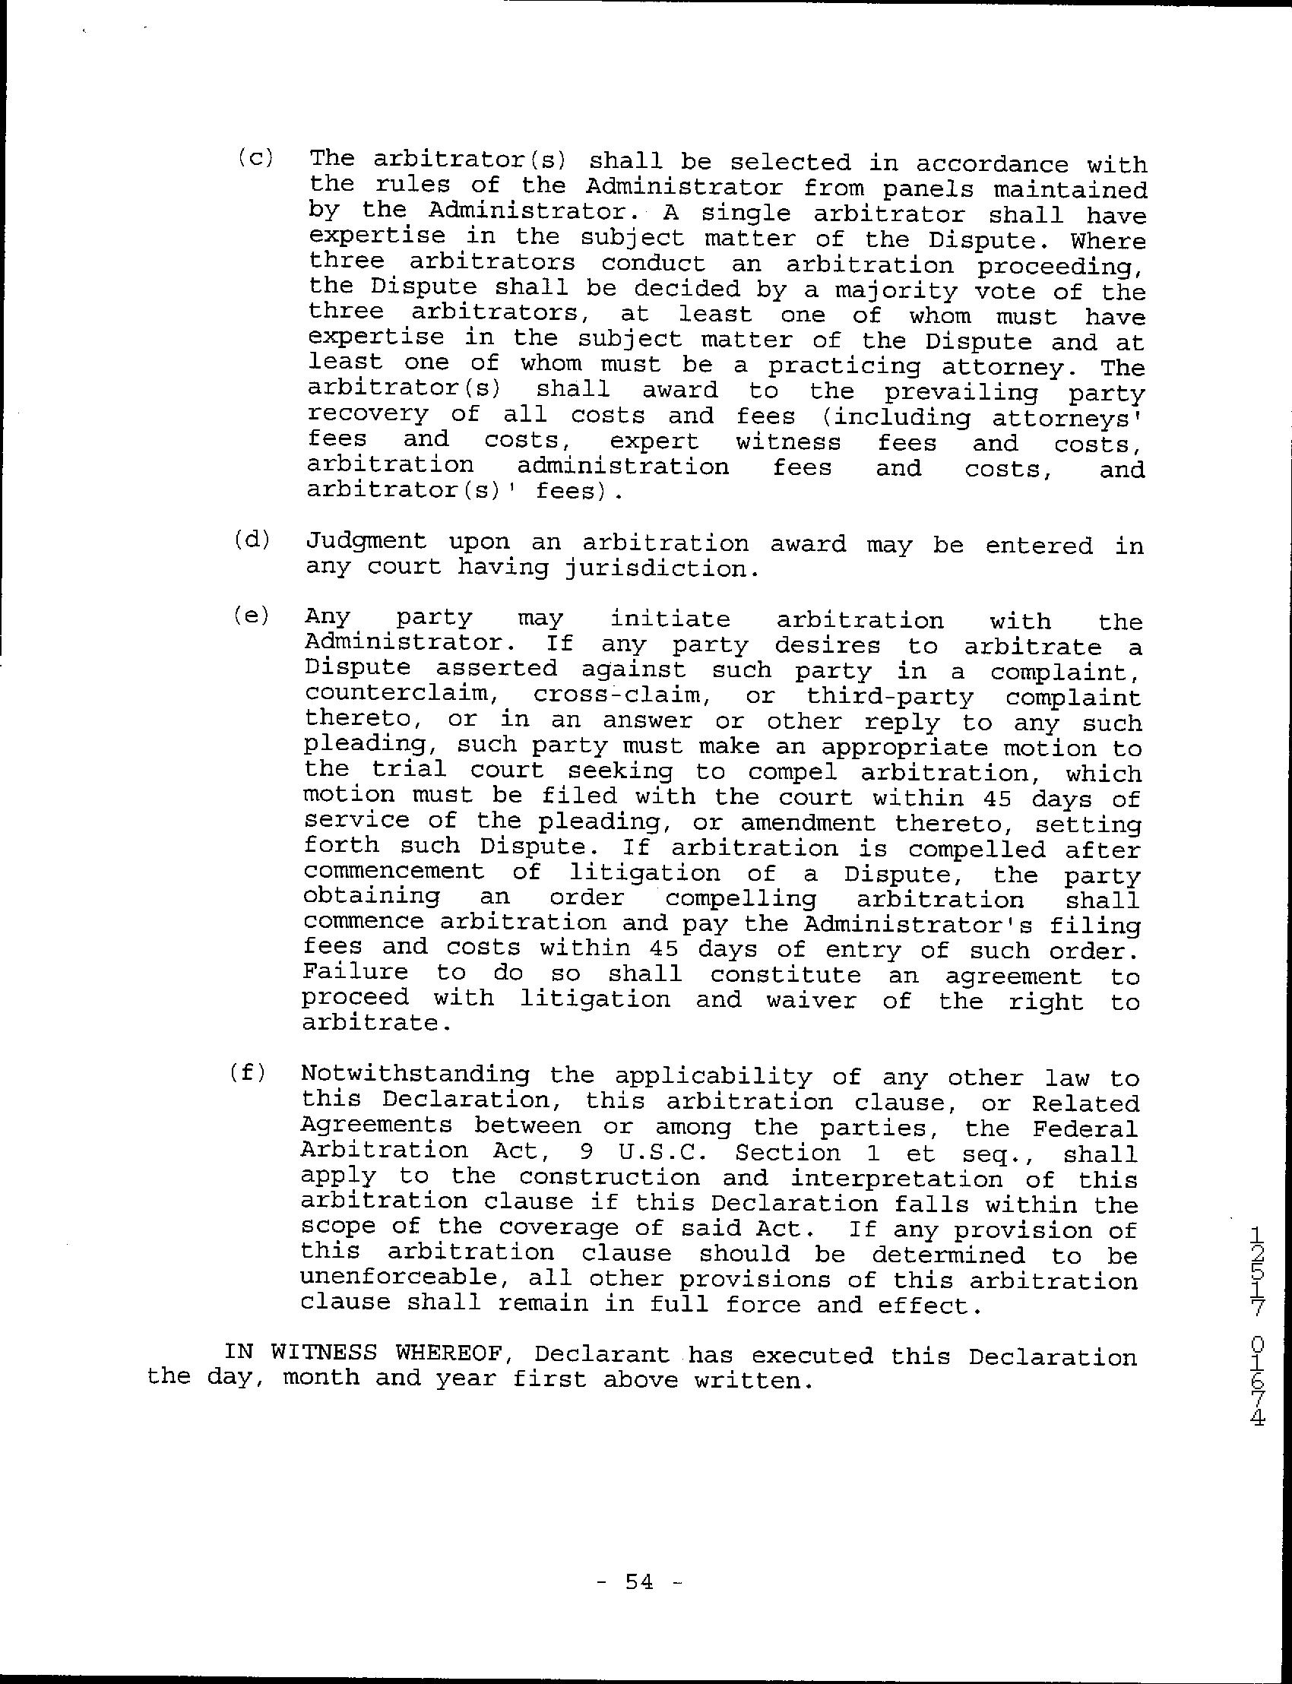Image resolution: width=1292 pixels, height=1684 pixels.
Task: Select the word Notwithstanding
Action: pos(415,1075)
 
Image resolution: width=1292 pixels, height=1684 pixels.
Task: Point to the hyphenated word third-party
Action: pos(890,698)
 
